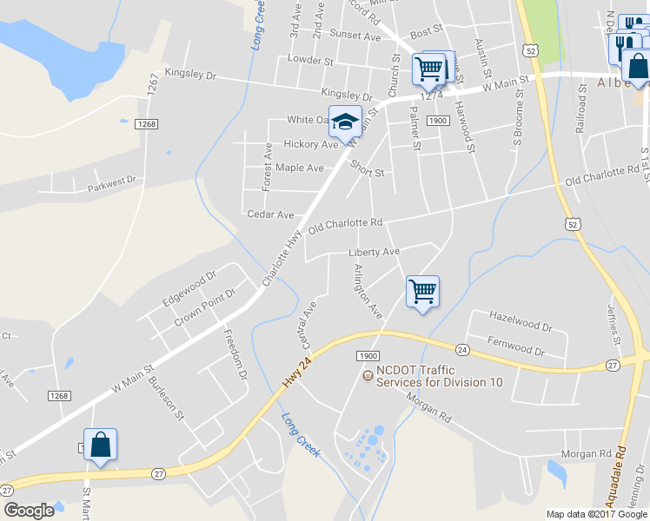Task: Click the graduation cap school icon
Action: coord(345,122)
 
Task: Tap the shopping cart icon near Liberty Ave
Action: coord(422,291)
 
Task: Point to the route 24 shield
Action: coord(462,350)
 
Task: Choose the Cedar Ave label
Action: coord(270,214)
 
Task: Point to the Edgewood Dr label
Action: coord(189,290)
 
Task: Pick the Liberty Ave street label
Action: coord(374,252)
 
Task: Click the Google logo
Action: coord(30,510)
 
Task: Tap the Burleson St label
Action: coord(166,398)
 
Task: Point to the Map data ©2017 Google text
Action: coord(596,514)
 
